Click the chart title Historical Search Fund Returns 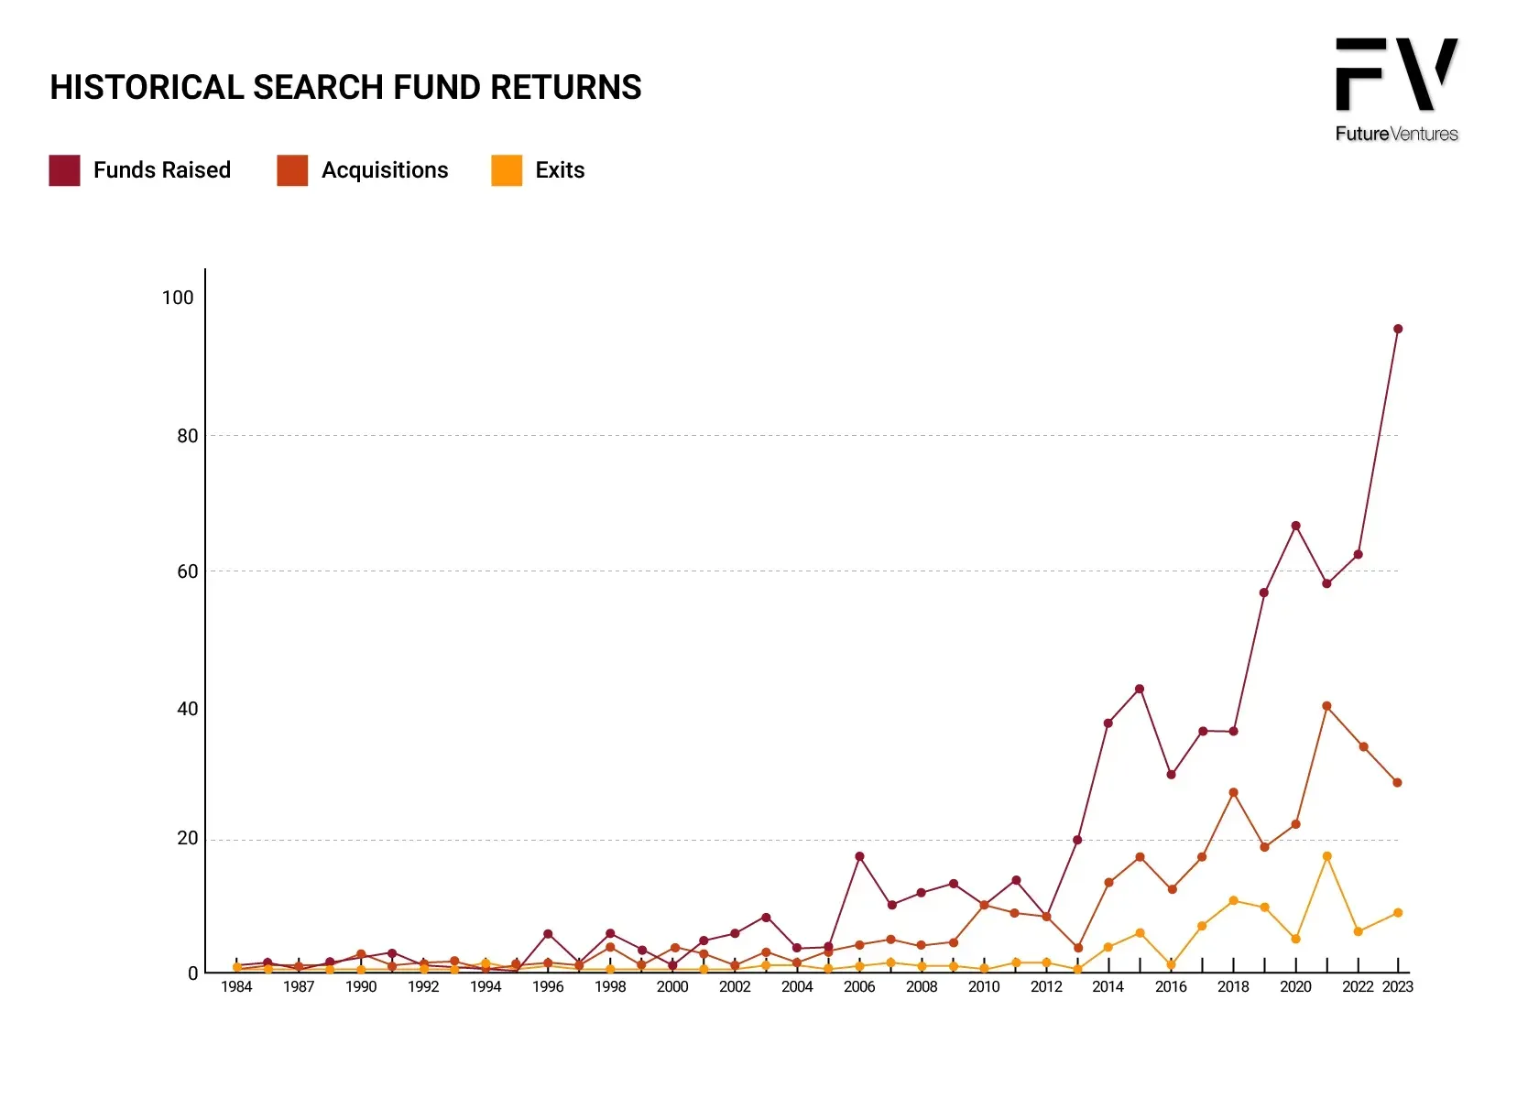tap(345, 87)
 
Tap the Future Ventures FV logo tap(1396, 89)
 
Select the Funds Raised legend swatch tap(64, 169)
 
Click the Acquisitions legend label tap(385, 169)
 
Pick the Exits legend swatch tap(507, 169)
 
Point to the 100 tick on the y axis tap(178, 298)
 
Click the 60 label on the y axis tap(188, 571)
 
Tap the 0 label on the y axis tap(193, 973)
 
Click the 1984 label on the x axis tap(236, 986)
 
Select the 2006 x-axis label tap(859, 986)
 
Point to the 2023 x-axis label tap(1397, 986)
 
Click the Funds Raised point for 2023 tap(1397, 329)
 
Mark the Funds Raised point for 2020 tap(1295, 526)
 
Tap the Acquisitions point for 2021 tap(1326, 706)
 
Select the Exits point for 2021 tap(1326, 856)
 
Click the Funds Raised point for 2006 tap(859, 856)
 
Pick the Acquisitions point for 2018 tap(1233, 792)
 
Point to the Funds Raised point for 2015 tap(1140, 689)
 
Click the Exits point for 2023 tap(1398, 913)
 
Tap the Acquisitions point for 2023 tap(1397, 782)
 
